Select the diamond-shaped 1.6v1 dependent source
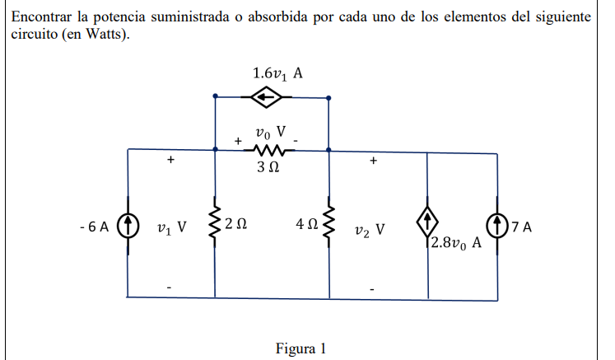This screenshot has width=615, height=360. (266, 98)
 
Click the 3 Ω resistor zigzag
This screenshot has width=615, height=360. (270, 150)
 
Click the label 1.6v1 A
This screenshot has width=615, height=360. (278, 73)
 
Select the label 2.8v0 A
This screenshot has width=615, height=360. (454, 245)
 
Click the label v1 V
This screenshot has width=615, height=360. (172, 227)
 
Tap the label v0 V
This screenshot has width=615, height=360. (270, 131)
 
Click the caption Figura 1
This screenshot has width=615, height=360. (301, 348)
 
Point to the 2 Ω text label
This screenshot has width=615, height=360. (237, 225)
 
